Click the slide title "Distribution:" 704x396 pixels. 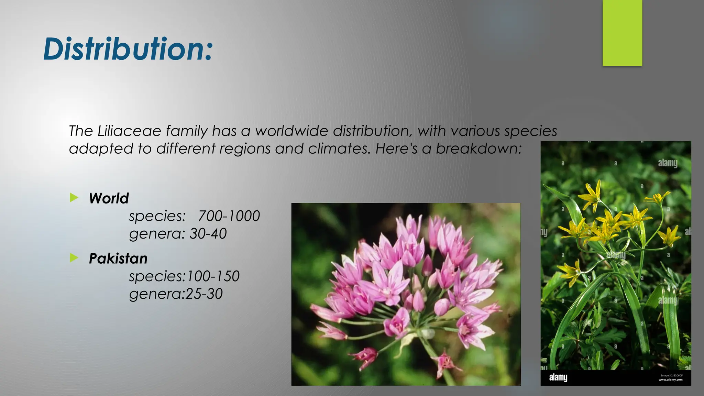click(128, 49)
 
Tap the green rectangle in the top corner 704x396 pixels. click(622, 33)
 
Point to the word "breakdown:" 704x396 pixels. click(479, 148)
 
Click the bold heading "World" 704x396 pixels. click(109, 198)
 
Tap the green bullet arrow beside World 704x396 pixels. click(74, 197)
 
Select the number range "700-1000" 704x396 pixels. click(229, 216)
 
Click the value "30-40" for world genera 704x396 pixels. click(208, 234)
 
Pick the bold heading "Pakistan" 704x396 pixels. click(118, 258)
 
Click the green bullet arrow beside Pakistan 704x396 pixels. click(74, 257)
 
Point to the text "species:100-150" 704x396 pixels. click(184, 276)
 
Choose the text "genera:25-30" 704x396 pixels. click(176, 294)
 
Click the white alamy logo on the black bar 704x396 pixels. click(558, 377)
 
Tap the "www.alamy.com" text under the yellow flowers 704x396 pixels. click(670, 380)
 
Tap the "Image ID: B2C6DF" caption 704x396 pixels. click(671, 375)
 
